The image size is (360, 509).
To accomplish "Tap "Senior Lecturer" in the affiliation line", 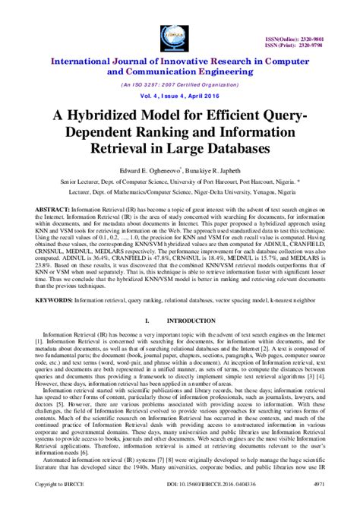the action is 59,183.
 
